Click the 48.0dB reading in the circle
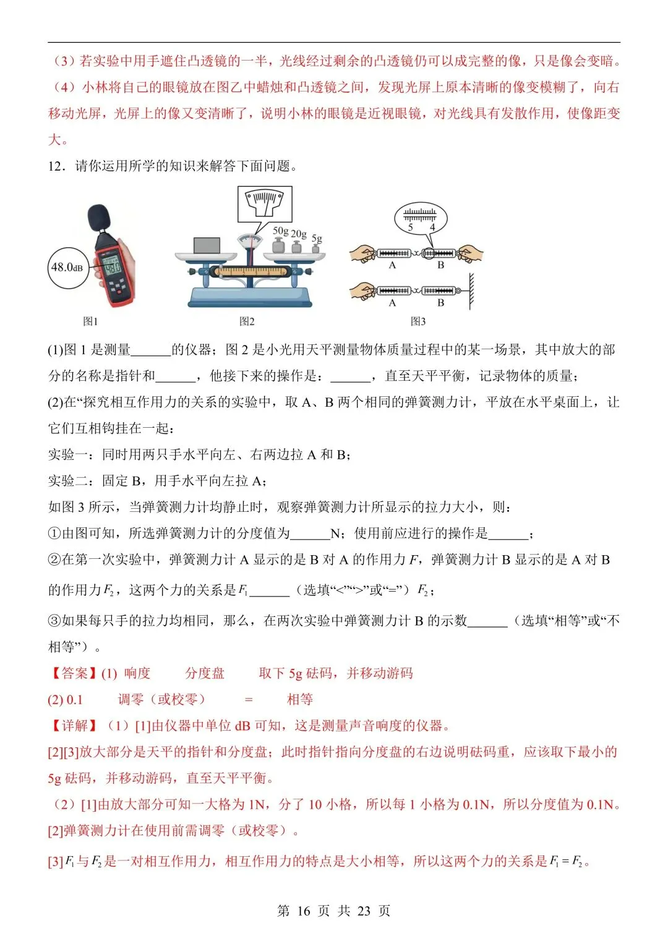click(x=67, y=267)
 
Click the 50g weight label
click(x=281, y=230)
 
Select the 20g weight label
click(x=299, y=234)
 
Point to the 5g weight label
click(x=317, y=237)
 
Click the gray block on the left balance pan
click(x=207, y=245)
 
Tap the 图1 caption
click(x=90, y=321)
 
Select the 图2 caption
click(x=247, y=321)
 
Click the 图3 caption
click(x=418, y=321)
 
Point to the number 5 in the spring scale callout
click(x=410, y=227)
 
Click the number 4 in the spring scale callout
click(x=432, y=227)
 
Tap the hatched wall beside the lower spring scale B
click(x=471, y=291)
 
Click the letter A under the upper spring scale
click(x=392, y=265)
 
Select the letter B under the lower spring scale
click(x=440, y=303)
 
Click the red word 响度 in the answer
click(x=137, y=673)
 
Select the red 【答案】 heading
click(x=73, y=673)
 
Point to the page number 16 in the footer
click(x=303, y=911)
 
